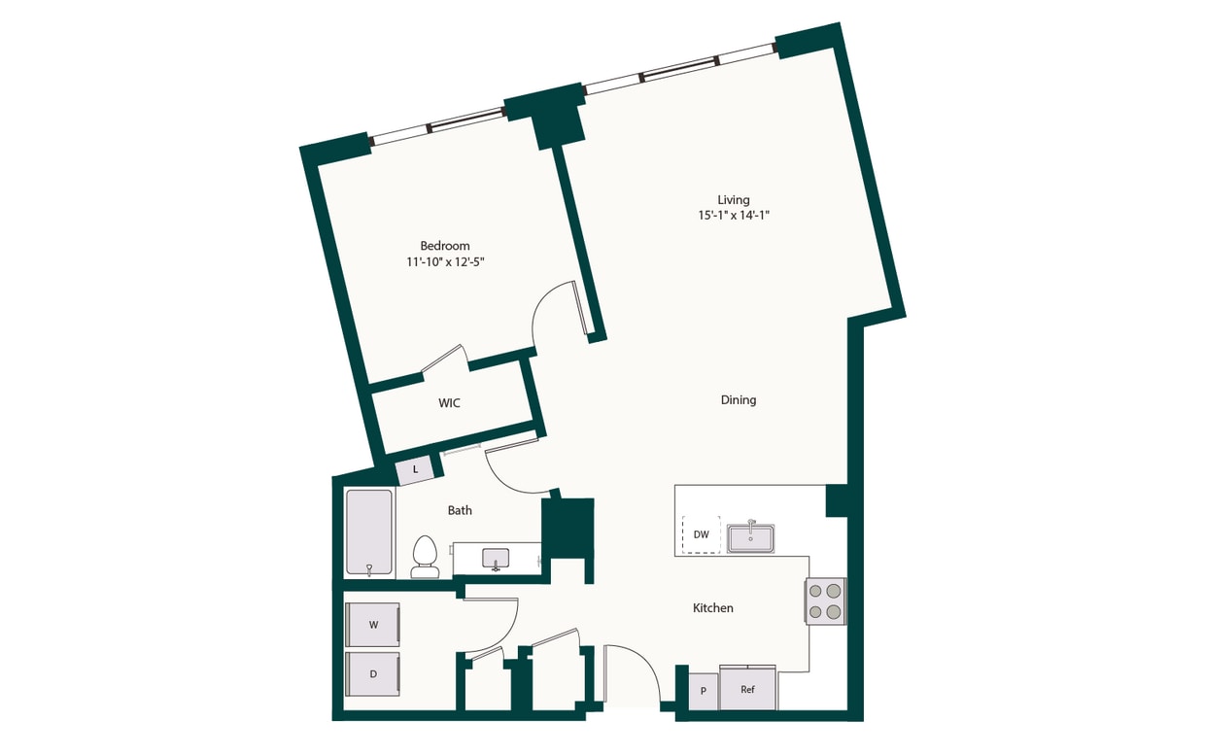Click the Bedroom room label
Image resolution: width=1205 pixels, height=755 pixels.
click(x=445, y=246)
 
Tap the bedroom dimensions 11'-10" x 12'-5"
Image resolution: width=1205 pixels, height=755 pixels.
click(x=445, y=262)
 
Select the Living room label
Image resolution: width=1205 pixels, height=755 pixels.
click(x=734, y=200)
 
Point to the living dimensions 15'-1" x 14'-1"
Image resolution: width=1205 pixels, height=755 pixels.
click(x=734, y=216)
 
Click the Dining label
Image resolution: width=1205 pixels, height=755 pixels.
click(x=739, y=400)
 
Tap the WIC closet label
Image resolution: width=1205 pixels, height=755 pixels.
click(x=449, y=403)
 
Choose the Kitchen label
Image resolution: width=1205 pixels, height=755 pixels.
click(x=712, y=608)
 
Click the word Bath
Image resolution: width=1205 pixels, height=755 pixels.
click(x=460, y=510)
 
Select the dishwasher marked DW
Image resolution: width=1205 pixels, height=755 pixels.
click(x=701, y=534)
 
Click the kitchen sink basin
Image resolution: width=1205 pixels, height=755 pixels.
click(x=750, y=537)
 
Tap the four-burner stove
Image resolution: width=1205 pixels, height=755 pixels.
click(x=825, y=601)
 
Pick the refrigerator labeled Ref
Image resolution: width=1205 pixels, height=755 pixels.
click(x=747, y=690)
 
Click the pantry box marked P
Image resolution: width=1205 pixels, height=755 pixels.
click(x=703, y=691)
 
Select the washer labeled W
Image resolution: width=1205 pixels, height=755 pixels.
click(x=373, y=625)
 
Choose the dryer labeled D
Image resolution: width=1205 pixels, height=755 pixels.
click(x=373, y=672)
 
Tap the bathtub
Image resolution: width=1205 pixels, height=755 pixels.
click(x=369, y=532)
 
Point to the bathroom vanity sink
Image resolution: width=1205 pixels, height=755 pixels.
click(x=496, y=558)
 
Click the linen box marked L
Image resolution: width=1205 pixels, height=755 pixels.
click(x=416, y=469)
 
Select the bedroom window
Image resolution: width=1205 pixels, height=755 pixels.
click(x=438, y=125)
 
